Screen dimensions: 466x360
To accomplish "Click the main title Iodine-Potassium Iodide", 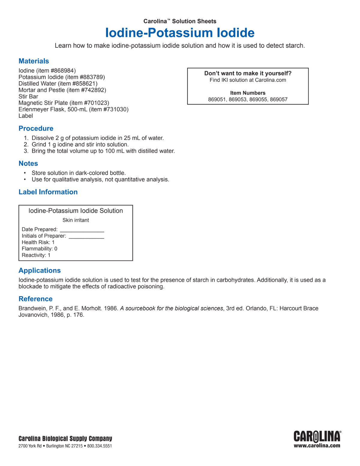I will (x=180, y=33).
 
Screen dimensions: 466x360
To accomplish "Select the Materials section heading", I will (x=34, y=61).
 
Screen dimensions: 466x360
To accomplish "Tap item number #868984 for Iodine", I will (x=62, y=71).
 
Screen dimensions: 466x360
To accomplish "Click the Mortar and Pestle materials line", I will (x=62, y=90).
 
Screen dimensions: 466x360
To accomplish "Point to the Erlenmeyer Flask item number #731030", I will (x=115, y=109).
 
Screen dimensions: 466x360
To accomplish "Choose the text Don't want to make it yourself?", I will (x=248, y=73).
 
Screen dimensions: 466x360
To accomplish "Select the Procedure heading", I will (x=36, y=128).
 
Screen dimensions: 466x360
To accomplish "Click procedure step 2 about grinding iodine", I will (x=80, y=144).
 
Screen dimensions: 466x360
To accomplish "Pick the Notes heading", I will (x=28, y=164).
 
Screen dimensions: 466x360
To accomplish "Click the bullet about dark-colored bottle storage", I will (x=79, y=173).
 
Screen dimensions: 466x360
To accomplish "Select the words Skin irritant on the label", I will (x=76, y=220).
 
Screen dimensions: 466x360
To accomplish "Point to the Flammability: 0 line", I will (x=39, y=248).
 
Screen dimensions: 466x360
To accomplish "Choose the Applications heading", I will (x=40, y=270).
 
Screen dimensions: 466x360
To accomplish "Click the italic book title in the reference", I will (x=171, y=308).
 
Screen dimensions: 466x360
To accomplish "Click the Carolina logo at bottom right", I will (x=317, y=437).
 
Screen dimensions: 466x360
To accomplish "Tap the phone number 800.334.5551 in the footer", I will (x=99, y=446).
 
